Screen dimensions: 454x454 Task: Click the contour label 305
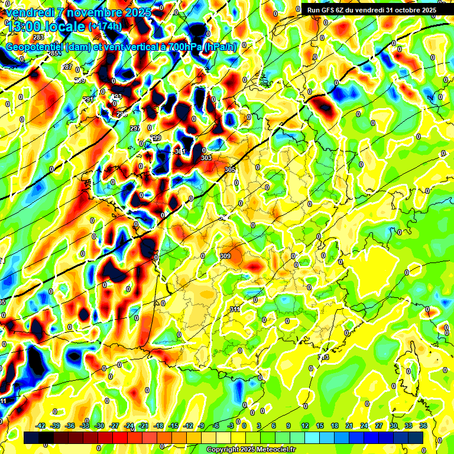click(230, 170)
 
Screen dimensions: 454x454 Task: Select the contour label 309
click(225, 256)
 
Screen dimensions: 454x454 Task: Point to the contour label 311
click(234, 309)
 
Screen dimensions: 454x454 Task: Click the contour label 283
click(38, 37)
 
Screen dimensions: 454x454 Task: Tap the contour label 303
click(206, 158)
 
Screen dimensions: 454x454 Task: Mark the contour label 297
click(135, 128)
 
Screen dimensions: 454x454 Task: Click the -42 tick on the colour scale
click(40, 426)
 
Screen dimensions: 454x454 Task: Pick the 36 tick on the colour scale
click(423, 426)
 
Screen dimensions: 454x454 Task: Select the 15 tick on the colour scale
click(320, 426)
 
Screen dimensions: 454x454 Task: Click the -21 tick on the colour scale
click(144, 426)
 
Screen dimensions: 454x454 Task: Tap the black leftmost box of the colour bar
click(31, 437)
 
